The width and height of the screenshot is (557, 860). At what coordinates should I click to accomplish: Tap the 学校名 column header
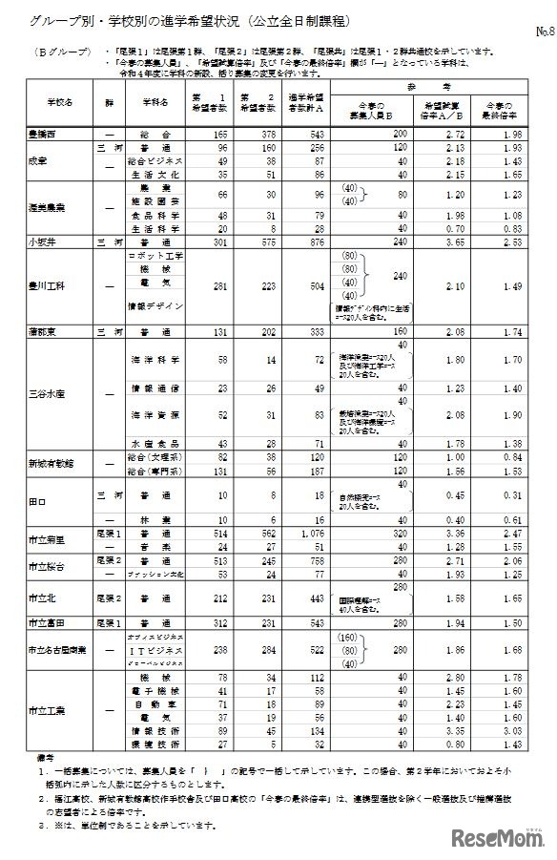click(58, 100)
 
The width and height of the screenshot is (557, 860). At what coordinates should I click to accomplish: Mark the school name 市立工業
click(48, 710)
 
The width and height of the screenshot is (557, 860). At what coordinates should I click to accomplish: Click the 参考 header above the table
click(438, 86)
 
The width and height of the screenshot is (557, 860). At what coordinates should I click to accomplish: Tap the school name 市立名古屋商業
click(58, 649)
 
